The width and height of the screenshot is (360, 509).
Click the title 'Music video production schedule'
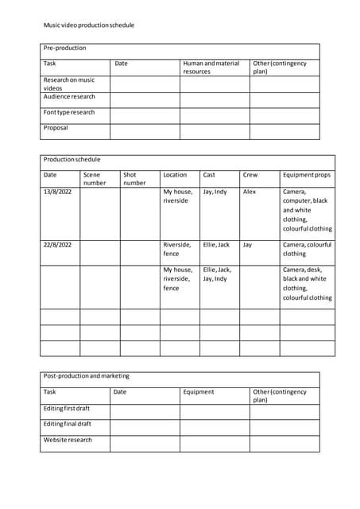[x=89, y=25]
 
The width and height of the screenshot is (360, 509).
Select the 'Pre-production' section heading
[x=64, y=49]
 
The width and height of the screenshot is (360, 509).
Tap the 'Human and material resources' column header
[x=211, y=68]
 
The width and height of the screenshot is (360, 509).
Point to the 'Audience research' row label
[x=69, y=97]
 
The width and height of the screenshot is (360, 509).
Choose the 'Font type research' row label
[x=69, y=113]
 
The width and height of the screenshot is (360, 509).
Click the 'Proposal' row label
[x=56, y=128]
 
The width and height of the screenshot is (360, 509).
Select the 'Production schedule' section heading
[x=72, y=160]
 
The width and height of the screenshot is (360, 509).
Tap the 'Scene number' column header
[x=95, y=179]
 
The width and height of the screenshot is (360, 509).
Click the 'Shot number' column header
[x=134, y=179]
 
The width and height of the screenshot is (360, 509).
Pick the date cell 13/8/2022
[x=57, y=192]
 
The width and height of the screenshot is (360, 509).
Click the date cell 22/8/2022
[x=57, y=245]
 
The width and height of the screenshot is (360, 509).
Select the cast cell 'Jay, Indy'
[x=215, y=192]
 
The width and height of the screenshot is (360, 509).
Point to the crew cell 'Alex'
[x=250, y=192]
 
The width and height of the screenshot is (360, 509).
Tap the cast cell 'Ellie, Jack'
[x=216, y=245]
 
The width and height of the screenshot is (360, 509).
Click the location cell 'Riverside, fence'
[x=177, y=249]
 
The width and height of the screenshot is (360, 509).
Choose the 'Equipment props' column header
[x=307, y=175]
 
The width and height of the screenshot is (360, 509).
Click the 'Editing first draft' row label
[x=68, y=408]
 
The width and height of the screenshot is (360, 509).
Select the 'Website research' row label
[x=68, y=440]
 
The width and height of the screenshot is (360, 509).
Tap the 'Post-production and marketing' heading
[x=86, y=376]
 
